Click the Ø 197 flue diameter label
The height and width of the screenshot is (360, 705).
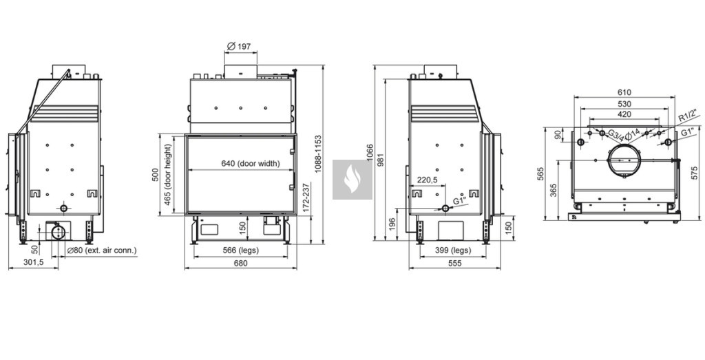tap(239, 46)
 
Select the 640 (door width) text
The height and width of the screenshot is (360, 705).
tap(251, 164)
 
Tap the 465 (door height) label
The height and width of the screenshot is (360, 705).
tap(168, 174)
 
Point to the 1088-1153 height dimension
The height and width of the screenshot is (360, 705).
tap(318, 153)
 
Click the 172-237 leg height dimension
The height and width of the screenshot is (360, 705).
tap(306, 198)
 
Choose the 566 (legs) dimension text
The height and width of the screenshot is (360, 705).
tap(240, 251)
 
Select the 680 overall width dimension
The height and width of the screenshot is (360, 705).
tap(240, 264)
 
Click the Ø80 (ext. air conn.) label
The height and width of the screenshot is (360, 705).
tap(102, 251)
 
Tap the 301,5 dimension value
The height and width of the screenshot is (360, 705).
tap(33, 262)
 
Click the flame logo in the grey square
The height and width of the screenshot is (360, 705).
tap(352, 180)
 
